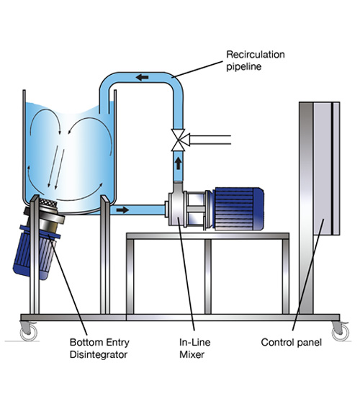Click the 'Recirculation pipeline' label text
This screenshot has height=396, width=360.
pyautogui.click(x=256, y=60)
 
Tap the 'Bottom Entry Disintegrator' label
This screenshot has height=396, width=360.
pyautogui.click(x=99, y=348)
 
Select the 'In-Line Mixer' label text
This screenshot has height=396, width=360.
pyautogui.click(x=195, y=348)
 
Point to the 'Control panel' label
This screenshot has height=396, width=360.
pyautogui.click(x=292, y=343)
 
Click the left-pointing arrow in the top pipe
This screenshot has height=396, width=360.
pyautogui.click(x=143, y=77)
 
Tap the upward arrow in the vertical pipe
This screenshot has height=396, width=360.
pyautogui.click(x=179, y=163)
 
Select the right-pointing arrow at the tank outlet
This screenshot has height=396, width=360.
pyautogui.click(x=123, y=210)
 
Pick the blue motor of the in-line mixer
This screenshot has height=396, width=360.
pyautogui.click(x=238, y=210)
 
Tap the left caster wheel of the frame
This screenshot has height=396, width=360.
pyautogui.click(x=28, y=331)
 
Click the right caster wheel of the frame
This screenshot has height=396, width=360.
pyautogui.click(x=340, y=331)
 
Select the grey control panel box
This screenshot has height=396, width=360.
pyautogui.click(x=326, y=168)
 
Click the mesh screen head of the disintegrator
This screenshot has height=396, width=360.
pyautogui.click(x=48, y=202)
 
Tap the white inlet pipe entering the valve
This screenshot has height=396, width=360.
pyautogui.click(x=210, y=140)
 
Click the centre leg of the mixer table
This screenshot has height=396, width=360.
pyautogui.click(x=208, y=276)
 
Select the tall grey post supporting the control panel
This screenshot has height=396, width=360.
pyautogui.click(x=306, y=208)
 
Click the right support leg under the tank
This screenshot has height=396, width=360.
pyautogui.click(x=105, y=254)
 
